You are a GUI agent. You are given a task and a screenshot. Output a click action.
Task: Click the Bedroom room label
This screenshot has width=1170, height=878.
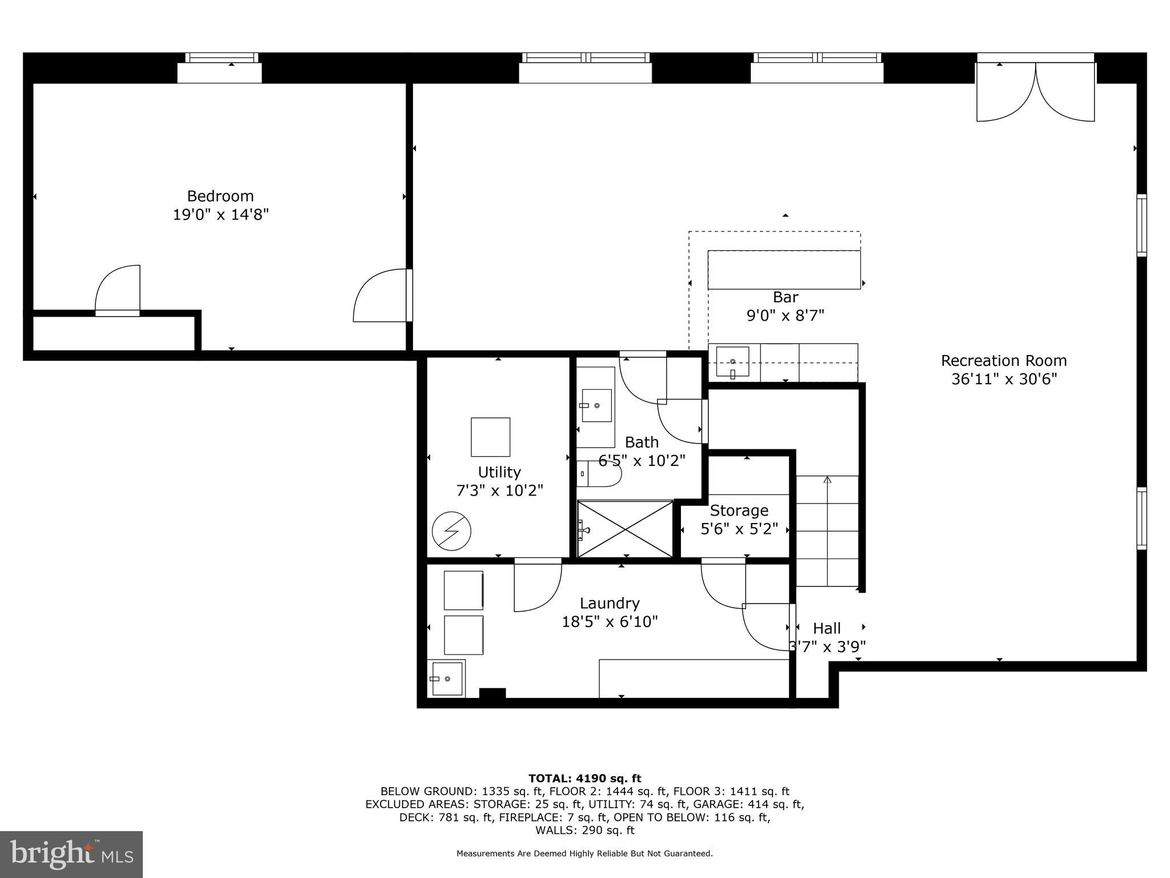(x=220, y=196)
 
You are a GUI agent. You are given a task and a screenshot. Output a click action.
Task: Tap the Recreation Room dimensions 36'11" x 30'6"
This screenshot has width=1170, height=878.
(x=1004, y=379)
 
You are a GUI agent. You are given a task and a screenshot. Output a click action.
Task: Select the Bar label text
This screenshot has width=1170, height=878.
(x=785, y=297)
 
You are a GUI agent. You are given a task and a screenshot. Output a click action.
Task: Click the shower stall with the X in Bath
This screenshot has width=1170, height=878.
(x=625, y=529)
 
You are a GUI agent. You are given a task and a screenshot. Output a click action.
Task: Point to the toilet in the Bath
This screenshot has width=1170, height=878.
(x=600, y=473)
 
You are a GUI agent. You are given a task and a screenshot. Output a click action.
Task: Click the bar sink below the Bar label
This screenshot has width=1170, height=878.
(x=732, y=362)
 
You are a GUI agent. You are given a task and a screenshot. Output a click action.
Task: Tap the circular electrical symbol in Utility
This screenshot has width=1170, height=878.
(x=451, y=531)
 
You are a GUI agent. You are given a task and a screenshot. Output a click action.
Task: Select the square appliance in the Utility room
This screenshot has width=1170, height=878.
(x=490, y=437)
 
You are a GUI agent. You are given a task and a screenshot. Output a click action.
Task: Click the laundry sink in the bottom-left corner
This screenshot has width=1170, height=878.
(x=447, y=679)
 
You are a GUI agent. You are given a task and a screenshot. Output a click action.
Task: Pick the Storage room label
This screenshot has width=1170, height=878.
(x=739, y=510)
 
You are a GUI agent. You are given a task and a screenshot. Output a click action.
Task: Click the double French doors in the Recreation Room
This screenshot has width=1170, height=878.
(x=1035, y=91)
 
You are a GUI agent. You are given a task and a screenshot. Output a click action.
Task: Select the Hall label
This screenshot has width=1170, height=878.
(x=826, y=629)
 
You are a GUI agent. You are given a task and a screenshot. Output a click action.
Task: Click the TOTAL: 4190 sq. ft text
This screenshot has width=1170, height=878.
(x=584, y=779)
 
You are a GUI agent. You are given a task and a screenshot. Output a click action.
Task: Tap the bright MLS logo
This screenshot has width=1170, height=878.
(x=71, y=855)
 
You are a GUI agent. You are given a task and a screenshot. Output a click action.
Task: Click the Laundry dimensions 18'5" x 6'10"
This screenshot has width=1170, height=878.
(x=610, y=621)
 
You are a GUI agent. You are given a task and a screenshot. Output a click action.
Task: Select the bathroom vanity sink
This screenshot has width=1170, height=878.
(x=596, y=405)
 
